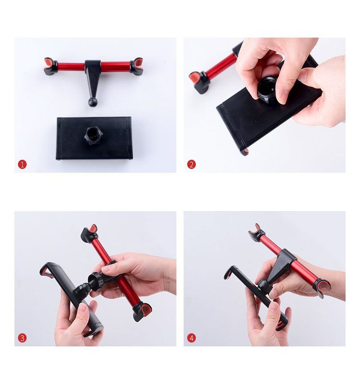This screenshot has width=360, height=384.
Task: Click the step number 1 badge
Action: point(22,164)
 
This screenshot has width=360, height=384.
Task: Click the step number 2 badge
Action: point(191,164)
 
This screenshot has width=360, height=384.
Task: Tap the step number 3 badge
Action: point(22,338)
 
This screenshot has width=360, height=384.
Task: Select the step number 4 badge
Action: point(191,338)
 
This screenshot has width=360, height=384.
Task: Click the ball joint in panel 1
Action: point(92,102)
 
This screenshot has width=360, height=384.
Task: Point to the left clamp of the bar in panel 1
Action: point(50,67)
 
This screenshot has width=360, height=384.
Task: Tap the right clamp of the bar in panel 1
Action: point(136,66)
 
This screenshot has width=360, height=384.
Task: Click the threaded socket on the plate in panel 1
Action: point(93,135)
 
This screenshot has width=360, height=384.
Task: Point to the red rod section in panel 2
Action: point(222,66)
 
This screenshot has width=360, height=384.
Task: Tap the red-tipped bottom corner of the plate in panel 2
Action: point(245,152)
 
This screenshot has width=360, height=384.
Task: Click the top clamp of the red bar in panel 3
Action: point(89,233)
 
